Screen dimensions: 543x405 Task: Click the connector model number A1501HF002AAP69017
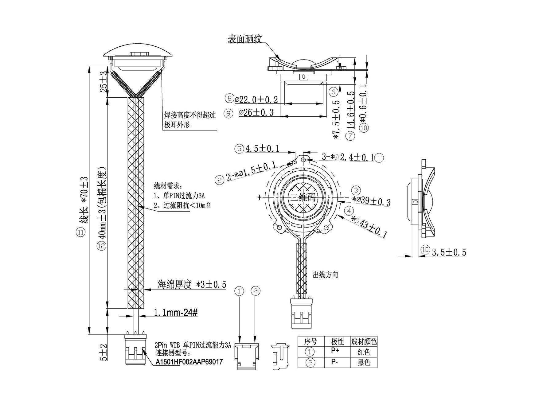[x=189, y=362]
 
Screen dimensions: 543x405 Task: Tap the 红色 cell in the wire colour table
[x=364, y=352]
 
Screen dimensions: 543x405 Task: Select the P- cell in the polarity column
[x=335, y=362]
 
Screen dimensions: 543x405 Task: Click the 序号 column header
[x=311, y=341]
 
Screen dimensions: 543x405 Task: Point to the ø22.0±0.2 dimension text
[x=256, y=99]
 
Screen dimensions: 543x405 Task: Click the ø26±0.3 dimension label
[x=256, y=113]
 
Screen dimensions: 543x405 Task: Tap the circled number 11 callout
[x=80, y=232]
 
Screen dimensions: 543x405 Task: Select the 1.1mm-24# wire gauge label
[x=176, y=313]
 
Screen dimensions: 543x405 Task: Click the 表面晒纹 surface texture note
[x=244, y=39]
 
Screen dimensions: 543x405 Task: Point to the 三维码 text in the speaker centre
[x=303, y=197]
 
